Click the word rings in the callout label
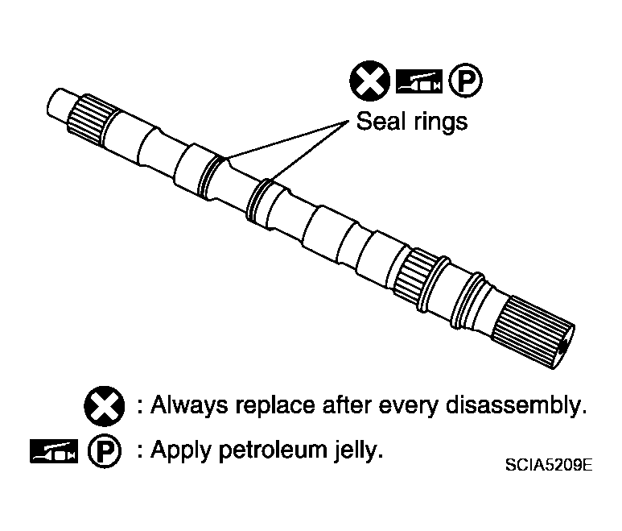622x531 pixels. point(440,122)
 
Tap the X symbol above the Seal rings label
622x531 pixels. point(369,81)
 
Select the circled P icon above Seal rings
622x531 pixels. point(466,81)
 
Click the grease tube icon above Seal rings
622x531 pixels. point(419,81)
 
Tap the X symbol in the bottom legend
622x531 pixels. point(104,406)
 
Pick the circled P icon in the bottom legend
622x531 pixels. point(105,450)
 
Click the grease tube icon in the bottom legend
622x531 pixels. point(54,450)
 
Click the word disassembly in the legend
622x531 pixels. point(517,406)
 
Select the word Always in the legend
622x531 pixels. point(189,406)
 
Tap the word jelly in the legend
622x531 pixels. point(358,451)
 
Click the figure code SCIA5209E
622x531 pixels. point(549,464)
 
